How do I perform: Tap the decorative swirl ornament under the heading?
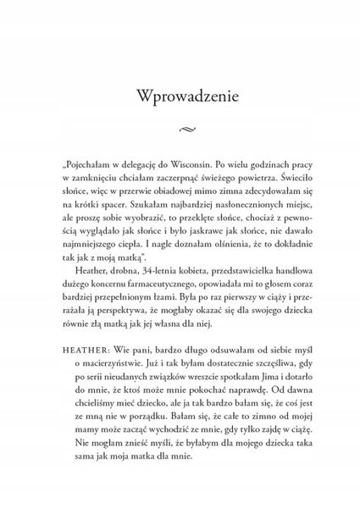point(180,129)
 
